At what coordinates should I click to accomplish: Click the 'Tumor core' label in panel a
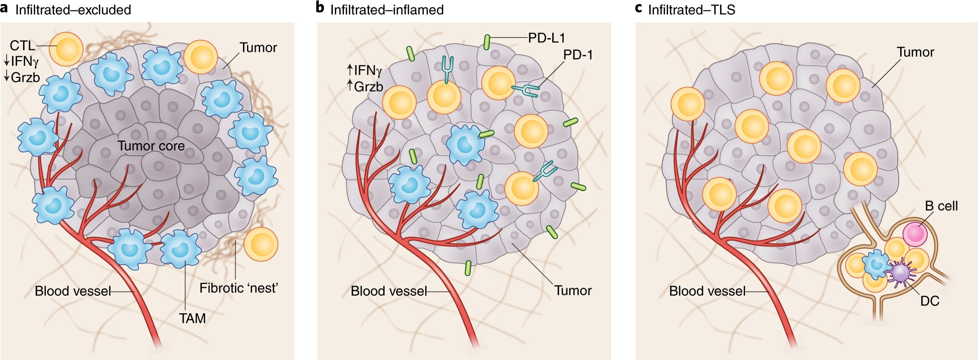151,146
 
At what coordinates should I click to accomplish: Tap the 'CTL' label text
23,46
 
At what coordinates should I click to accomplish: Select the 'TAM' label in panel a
192,318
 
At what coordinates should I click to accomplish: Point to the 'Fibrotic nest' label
238,288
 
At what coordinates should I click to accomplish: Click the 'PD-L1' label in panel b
547,38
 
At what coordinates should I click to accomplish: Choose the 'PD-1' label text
578,55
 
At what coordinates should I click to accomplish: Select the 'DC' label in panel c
930,301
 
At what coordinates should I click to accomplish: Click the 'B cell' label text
941,206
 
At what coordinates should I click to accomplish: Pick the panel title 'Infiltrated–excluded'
73,10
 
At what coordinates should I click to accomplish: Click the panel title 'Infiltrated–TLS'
692,10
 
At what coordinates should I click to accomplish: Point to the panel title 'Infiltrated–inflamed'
387,10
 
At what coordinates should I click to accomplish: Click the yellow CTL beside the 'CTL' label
66,49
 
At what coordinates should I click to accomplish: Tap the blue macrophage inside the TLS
876,265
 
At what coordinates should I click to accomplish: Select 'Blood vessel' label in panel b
389,291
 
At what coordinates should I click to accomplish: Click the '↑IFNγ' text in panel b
364,70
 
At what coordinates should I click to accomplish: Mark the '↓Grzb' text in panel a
22,78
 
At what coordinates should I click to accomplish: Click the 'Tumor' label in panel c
915,52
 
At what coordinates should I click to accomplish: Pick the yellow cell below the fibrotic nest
261,244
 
